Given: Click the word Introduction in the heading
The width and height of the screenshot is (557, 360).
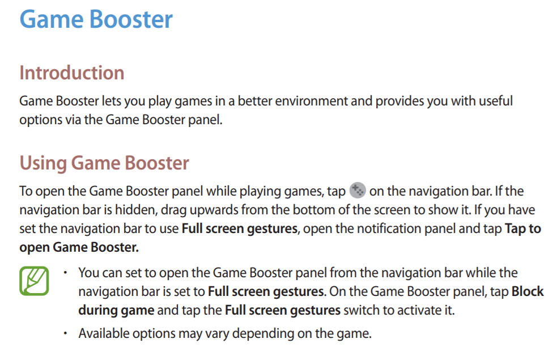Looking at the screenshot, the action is tap(72, 73).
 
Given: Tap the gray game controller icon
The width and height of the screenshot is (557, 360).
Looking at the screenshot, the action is tap(358, 190).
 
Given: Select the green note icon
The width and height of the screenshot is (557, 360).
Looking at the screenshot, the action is tap(34, 281).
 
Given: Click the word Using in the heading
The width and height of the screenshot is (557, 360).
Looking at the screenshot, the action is tap(43, 163).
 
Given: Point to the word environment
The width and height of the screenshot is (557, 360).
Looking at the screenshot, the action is tap(311, 101).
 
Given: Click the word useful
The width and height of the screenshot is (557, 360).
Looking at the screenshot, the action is tap(496, 101).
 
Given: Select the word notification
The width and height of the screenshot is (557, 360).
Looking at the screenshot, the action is tap(389, 228).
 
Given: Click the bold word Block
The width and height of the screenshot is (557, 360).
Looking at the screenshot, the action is tap(528, 291).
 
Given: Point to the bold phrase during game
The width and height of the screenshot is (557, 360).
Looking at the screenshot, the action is tap(117, 311).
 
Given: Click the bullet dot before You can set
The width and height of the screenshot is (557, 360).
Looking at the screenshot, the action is tap(65, 273).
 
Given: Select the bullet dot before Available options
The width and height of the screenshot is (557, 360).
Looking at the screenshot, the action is tap(65, 333).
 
